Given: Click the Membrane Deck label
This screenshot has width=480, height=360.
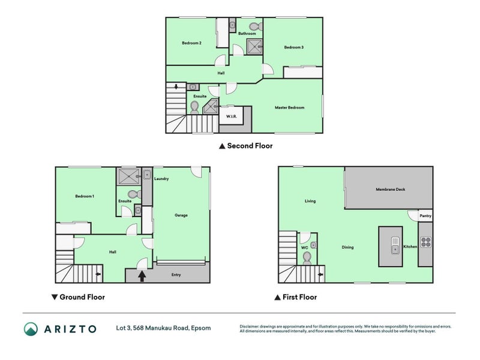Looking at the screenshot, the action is tap(391, 190).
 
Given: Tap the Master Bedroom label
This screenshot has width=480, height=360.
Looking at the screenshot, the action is tap(289, 108).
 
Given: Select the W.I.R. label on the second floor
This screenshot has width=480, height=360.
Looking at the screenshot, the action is tap(232, 116).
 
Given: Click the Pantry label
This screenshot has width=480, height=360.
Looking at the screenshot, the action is tap(425, 216).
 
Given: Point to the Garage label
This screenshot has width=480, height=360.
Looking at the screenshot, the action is tap(181, 215).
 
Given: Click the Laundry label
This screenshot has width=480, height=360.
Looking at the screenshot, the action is tap(161, 179).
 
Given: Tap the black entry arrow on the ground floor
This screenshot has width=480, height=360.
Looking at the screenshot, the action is tap(142, 276).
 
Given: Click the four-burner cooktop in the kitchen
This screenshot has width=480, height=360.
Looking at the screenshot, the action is tap(426, 242).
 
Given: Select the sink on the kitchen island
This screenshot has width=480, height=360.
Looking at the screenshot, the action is tap(395, 245).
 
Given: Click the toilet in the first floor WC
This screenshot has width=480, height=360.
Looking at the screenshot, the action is tap(307, 259).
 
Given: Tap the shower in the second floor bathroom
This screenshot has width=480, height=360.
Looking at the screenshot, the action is tap(254, 47).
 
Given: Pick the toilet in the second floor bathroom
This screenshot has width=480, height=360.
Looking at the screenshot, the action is tap(256, 26).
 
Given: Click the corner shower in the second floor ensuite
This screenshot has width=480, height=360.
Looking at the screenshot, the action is tap(211, 106).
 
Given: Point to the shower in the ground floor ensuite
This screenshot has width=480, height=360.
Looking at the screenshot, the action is tap(128, 176).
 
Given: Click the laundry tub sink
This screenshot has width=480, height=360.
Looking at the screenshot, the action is tap(147, 175).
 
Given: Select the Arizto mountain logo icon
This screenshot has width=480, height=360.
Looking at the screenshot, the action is tap(31, 329).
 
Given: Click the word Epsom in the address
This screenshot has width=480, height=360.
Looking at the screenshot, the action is tap(201, 328).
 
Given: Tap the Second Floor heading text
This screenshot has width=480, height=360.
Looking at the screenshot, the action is tap(250, 146).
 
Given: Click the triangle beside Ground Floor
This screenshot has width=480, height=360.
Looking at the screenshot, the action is tap(55, 297).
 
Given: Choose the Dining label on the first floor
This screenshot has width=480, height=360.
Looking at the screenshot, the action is tap(347, 247).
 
